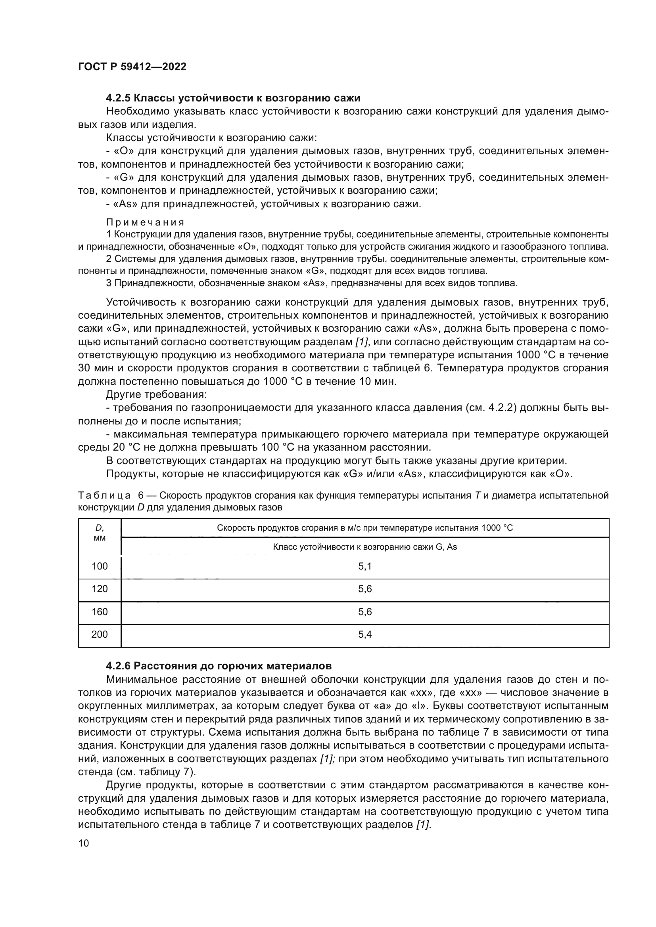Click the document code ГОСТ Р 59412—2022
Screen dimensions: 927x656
click(132, 67)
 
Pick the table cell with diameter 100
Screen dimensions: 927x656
click(100, 566)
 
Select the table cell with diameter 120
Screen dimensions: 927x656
click(100, 589)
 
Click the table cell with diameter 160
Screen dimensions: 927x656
click(100, 612)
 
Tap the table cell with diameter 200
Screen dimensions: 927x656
click(100, 635)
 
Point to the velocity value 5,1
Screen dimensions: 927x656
click(364, 566)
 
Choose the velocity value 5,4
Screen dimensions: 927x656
click(364, 635)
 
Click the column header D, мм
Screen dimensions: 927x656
click(100, 533)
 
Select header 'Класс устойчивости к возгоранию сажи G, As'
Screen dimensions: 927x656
click(364, 547)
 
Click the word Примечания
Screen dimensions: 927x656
click(145, 222)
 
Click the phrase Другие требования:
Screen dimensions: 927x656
click(156, 394)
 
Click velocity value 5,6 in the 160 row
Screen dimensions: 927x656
click(364, 612)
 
